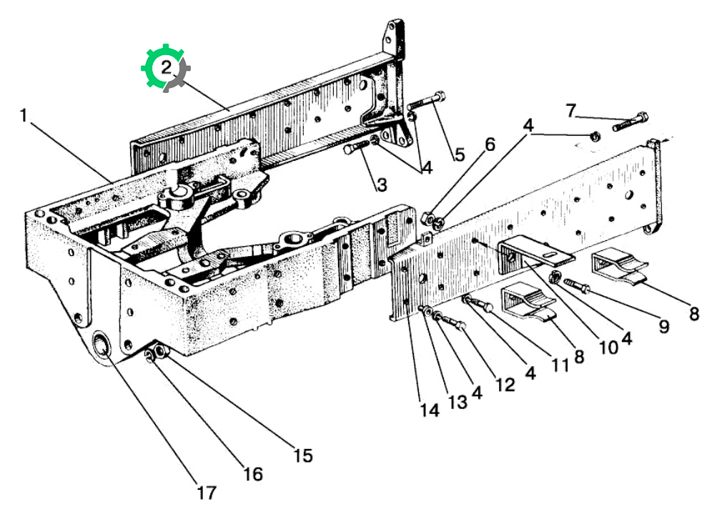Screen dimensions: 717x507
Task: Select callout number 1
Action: [24, 116]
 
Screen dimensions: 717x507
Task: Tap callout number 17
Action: [206, 493]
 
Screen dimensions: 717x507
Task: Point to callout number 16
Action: [253, 474]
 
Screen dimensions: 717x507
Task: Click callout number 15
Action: [303, 456]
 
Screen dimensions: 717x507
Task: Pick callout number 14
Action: [430, 410]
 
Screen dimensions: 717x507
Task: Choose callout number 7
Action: [570, 111]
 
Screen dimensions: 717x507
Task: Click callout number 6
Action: [490, 144]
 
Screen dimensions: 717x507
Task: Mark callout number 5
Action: [460, 154]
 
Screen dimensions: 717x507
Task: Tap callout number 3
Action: [382, 184]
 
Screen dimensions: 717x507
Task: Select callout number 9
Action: [664, 326]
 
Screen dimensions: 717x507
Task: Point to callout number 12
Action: [505, 385]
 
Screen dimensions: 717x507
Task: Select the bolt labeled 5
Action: [427, 101]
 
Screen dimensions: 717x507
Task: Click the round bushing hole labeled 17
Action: [101, 345]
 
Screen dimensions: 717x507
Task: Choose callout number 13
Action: [458, 402]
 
